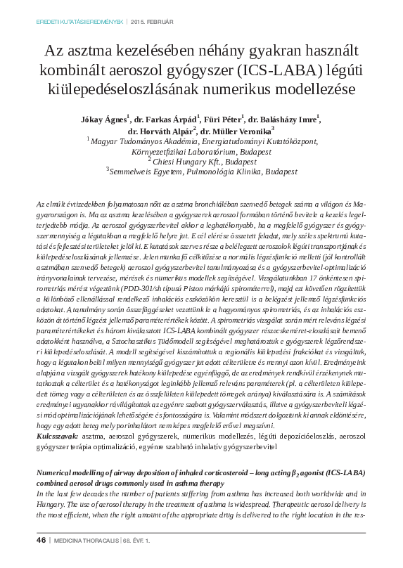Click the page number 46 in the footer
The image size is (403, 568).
coord(40,540)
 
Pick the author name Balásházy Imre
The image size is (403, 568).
coord(286,118)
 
